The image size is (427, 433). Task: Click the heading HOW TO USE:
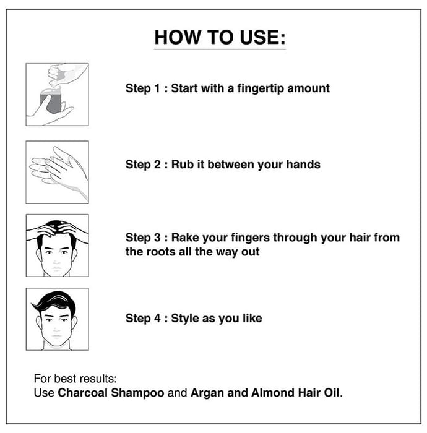tap(220, 37)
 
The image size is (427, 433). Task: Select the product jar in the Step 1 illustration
tap(51, 101)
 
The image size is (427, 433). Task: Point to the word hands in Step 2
tap(303, 165)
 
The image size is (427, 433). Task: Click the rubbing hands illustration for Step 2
tap(59, 171)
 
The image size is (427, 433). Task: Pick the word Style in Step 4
tap(185, 319)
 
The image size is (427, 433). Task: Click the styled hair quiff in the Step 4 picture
tap(54, 301)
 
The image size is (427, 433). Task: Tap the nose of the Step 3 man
tap(56, 259)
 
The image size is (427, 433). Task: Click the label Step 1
tap(143, 89)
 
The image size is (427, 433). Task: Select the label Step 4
tap(143, 319)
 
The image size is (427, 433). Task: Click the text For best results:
tap(75, 379)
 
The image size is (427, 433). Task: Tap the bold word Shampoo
tap(137, 393)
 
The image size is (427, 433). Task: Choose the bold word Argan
tap(207, 393)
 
